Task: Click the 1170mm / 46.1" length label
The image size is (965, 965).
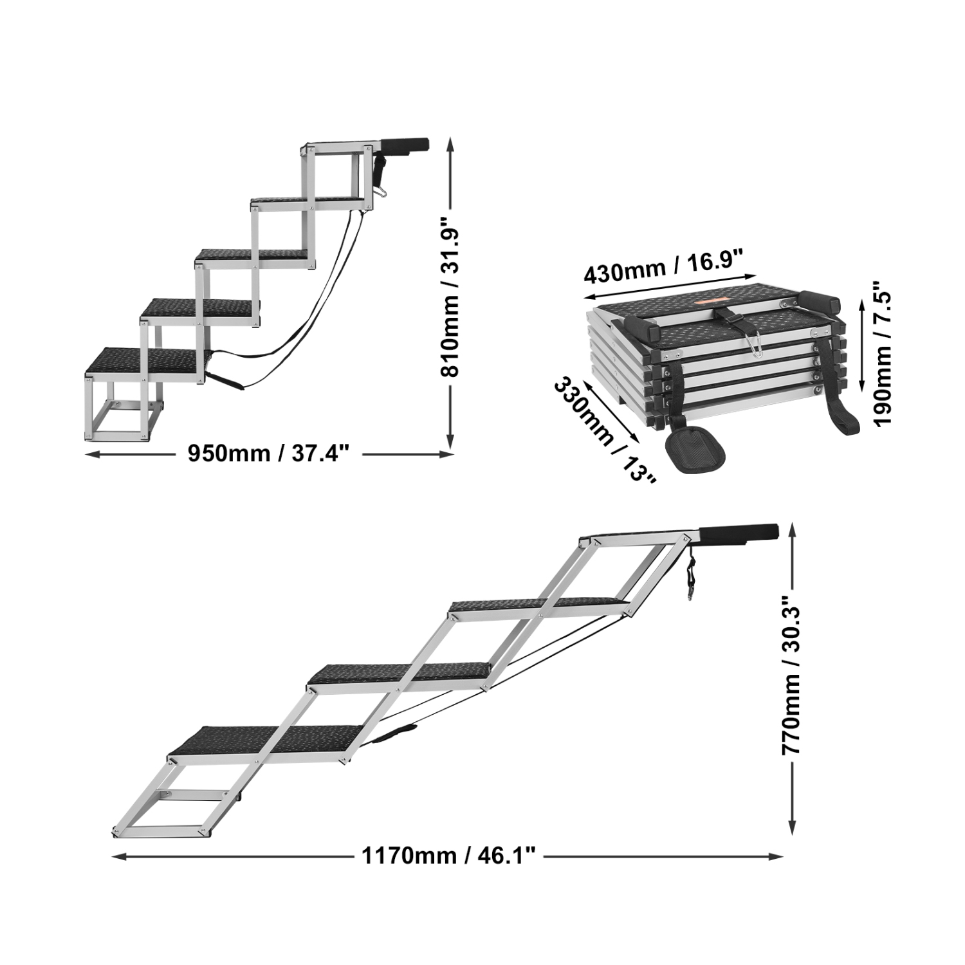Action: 448,856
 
